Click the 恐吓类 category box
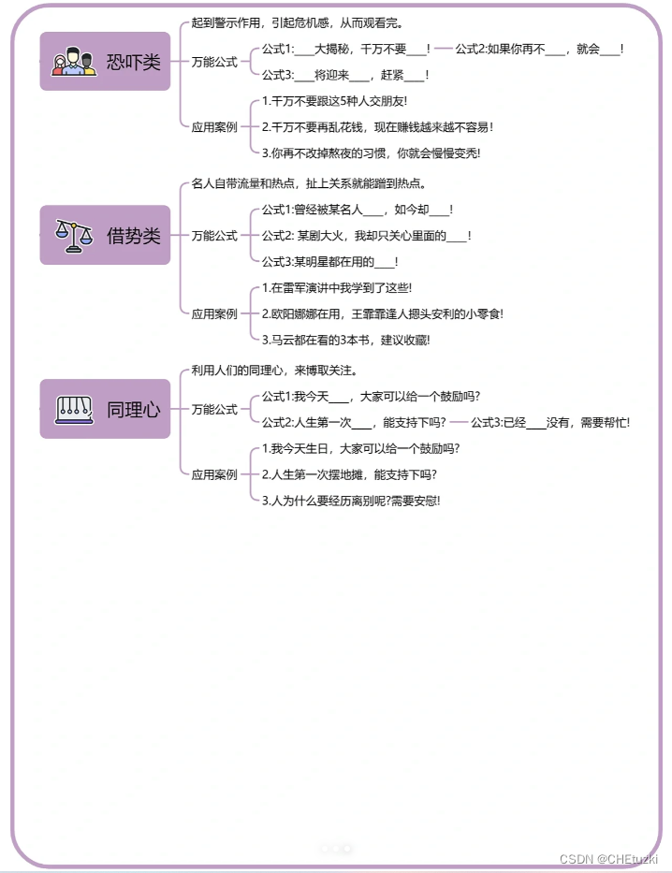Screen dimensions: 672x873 tap(105, 62)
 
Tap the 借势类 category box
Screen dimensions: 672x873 tap(105, 235)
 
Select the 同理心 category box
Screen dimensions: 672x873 tap(105, 409)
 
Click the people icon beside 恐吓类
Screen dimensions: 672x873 tap(74, 63)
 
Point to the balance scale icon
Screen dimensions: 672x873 tap(74, 234)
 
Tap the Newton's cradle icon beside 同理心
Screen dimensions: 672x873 tap(74, 408)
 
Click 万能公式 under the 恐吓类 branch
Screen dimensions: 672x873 tap(214, 62)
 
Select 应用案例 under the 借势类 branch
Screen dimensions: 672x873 tap(214, 314)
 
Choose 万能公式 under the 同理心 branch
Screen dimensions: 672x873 tap(214, 409)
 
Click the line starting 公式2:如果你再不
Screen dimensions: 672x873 tap(539, 49)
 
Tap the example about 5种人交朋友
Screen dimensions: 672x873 tap(334, 100)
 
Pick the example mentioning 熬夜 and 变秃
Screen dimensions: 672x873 tap(384, 153)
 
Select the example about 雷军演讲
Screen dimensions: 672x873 tap(337, 288)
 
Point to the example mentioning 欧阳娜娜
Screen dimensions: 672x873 tap(382, 314)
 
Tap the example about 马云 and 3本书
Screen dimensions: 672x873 tap(345, 340)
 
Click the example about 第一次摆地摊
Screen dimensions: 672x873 tap(349, 474)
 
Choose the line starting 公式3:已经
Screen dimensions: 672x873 tap(549, 422)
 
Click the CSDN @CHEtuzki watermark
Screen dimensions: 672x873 tap(608, 858)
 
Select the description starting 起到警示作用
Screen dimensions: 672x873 tap(297, 22)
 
